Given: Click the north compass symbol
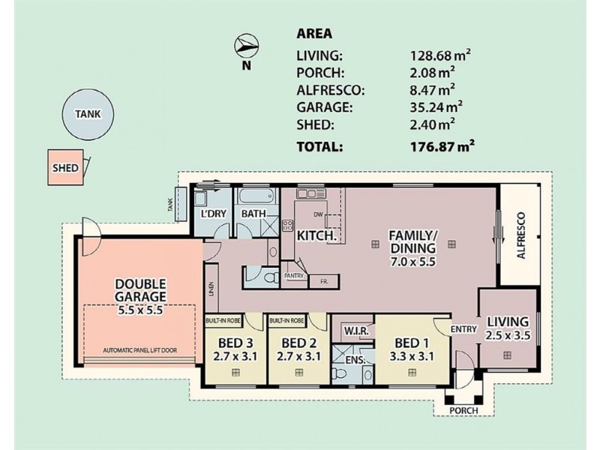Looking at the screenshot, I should tap(247, 47).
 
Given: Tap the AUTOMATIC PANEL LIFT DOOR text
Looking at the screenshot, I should tap(140, 350).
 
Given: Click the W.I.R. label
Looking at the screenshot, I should tap(355, 329).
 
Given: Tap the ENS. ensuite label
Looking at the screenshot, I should tap(355, 360).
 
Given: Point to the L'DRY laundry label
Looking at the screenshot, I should tap(214, 214).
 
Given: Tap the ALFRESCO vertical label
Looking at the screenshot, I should tap(523, 235).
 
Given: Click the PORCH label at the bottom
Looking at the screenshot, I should tap(462, 412).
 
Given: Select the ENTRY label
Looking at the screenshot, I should tap(462, 329).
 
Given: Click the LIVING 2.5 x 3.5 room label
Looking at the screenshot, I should tap(508, 329).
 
